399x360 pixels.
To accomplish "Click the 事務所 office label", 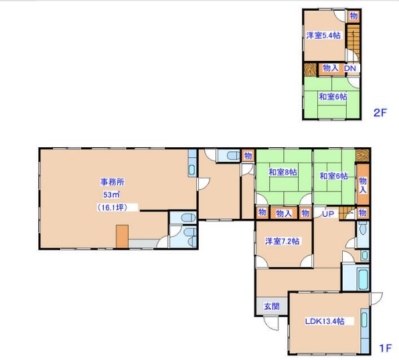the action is (x=112, y=182).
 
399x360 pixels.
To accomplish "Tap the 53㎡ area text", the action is (x=111, y=195).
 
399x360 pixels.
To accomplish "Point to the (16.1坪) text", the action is (x=112, y=207).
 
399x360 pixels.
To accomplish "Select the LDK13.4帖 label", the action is (x=325, y=321).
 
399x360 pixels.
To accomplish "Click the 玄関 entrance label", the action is (x=272, y=306).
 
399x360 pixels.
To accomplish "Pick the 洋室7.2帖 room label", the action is (x=283, y=241).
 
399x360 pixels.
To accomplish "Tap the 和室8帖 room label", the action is (x=283, y=172).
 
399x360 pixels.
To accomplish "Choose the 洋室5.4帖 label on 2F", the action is (x=323, y=35).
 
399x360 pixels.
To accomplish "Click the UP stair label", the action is (x=328, y=214).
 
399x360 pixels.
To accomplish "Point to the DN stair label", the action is (x=350, y=68).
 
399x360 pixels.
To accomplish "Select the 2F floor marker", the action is (x=380, y=112).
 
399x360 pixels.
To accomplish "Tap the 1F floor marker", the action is (x=385, y=348).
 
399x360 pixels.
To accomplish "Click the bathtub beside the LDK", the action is (x=363, y=278).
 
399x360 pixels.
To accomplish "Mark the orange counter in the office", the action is (x=122, y=236).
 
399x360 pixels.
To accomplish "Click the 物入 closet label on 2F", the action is (x=331, y=68).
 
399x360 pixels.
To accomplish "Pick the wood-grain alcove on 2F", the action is (x=310, y=69).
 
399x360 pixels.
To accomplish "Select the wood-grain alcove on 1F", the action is (x=362, y=155).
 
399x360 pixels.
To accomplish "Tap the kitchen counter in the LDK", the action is (x=365, y=331).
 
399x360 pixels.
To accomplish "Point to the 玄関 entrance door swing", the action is (x=270, y=323).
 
